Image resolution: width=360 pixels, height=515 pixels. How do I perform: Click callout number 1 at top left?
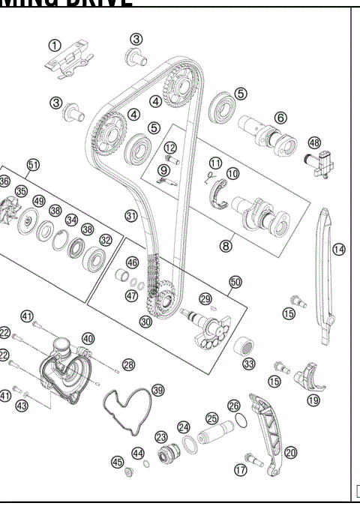click(x=54, y=44)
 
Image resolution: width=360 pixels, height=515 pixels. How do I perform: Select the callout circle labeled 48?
click(x=314, y=142)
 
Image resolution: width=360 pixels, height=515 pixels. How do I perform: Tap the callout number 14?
click(x=339, y=250)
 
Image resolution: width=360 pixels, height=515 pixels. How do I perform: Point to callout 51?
click(x=33, y=164)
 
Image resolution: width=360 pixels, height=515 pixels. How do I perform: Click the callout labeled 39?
click(x=157, y=390)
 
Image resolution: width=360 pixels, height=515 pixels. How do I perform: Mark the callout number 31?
click(x=131, y=216)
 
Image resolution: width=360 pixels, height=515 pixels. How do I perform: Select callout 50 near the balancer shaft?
click(x=235, y=282)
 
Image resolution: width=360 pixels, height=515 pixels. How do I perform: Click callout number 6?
click(x=280, y=118)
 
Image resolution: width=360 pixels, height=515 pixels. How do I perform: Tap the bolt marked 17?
click(x=250, y=457)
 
